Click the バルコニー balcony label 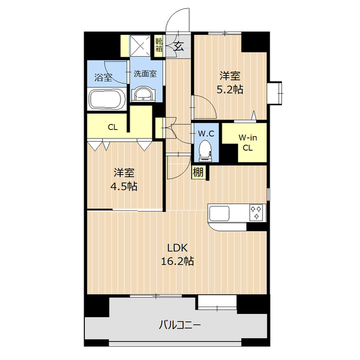(179, 325)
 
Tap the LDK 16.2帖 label (179, 255)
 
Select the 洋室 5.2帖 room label (231, 82)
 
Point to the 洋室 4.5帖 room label (124, 179)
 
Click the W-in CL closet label (247, 142)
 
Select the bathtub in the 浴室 (107, 99)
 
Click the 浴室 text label (103, 78)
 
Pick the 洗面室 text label (145, 74)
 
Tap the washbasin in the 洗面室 (145, 94)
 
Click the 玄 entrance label (179, 46)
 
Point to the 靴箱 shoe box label (159, 44)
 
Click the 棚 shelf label (198, 173)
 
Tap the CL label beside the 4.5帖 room (113, 127)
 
